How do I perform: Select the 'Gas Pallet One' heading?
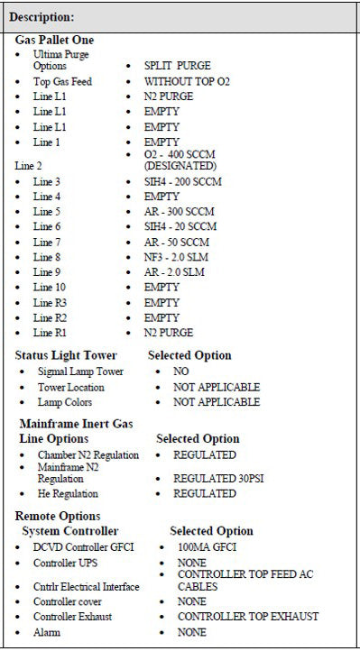(x=54, y=41)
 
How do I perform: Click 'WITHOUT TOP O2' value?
(x=187, y=82)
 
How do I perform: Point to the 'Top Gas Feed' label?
(x=63, y=82)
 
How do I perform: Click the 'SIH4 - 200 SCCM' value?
(x=183, y=182)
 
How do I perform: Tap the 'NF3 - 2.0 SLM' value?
(x=178, y=257)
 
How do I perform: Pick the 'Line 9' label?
(x=47, y=271)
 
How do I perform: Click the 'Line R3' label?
(x=50, y=302)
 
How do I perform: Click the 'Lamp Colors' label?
(x=65, y=402)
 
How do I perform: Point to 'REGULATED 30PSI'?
(x=202, y=477)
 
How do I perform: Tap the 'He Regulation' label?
(x=68, y=494)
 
